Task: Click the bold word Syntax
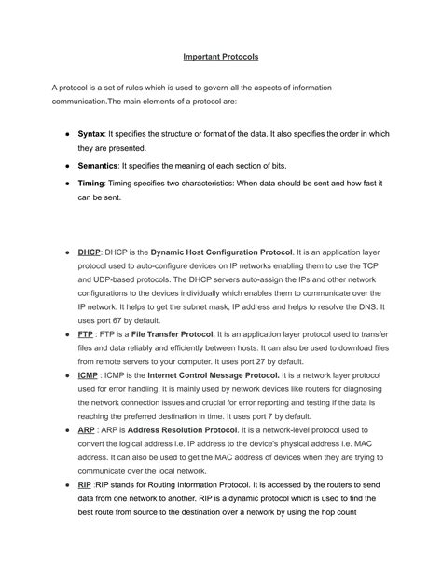click(90, 133)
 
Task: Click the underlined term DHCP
click(89, 252)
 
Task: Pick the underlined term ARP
click(87, 430)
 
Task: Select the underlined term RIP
click(86, 485)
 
